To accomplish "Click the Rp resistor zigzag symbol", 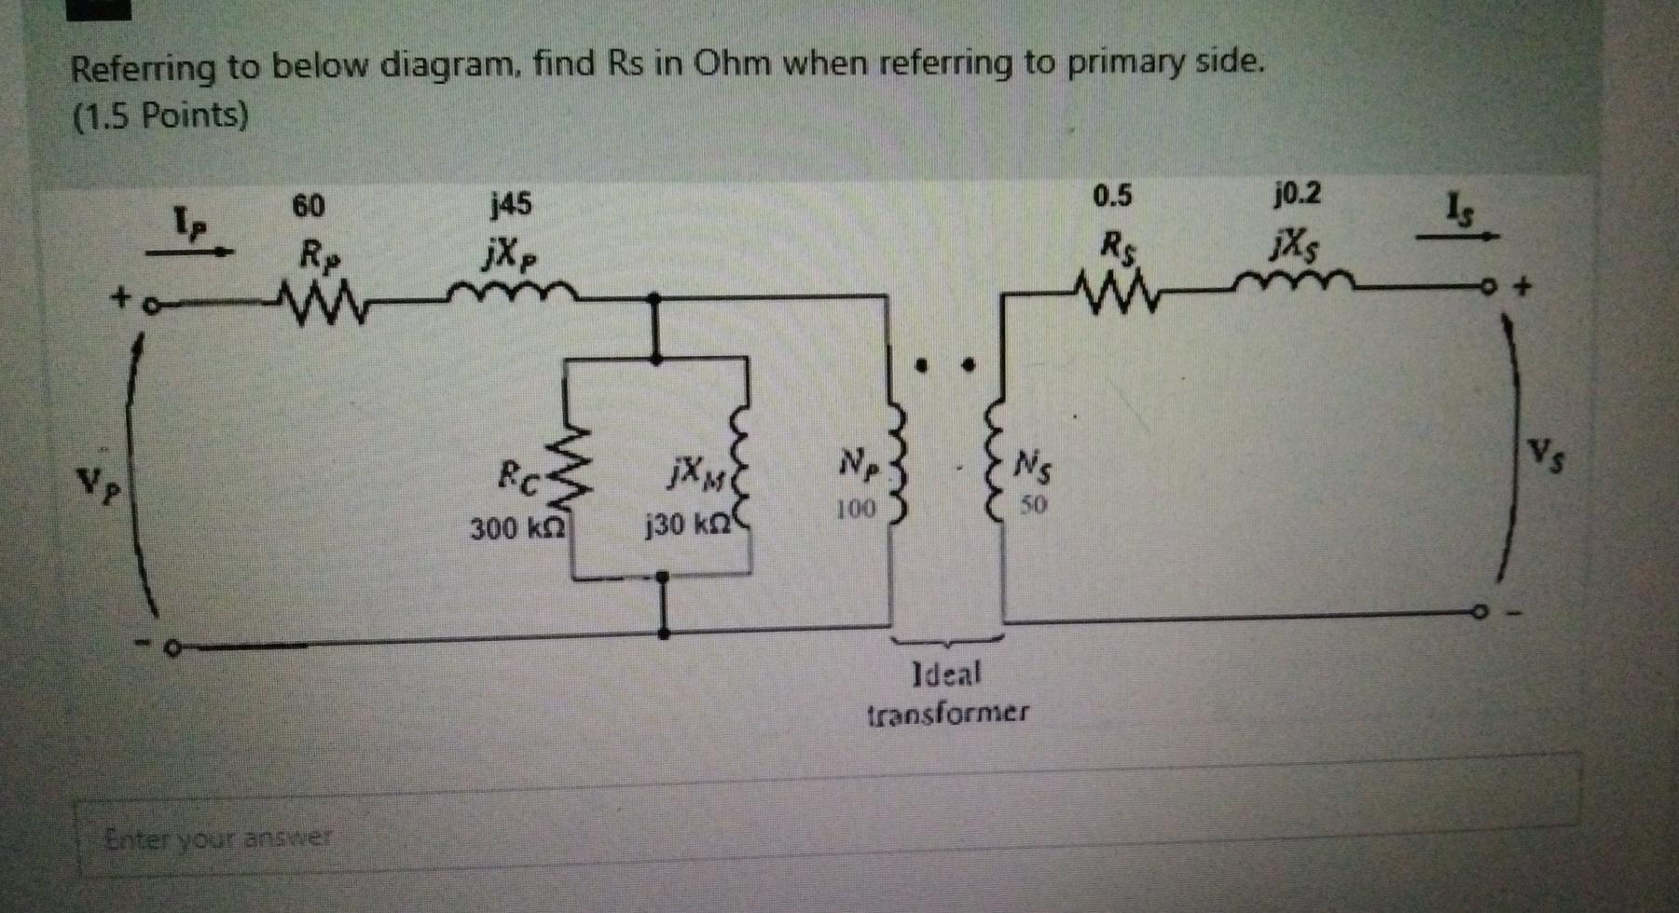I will pos(313,306).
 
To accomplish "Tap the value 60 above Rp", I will pos(309,206).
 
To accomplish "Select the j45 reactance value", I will pos(511,203).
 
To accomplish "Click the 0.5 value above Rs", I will pos(1112,197).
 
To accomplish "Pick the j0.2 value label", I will pos(1297,195).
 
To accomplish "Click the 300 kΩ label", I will pos(516,529).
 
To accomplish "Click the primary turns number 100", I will pos(855,510).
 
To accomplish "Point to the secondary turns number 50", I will pos(1032,506).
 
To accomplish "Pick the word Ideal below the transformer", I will pos(946,674).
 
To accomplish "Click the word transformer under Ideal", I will pos(948,715).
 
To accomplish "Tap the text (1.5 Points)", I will pos(160,116).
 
